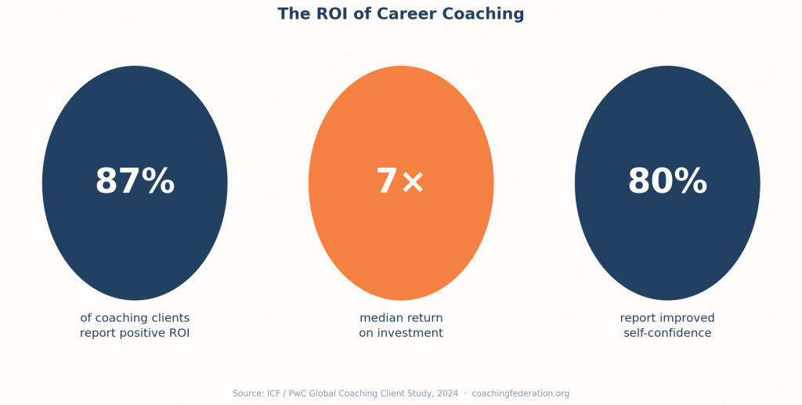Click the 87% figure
tap(135, 183)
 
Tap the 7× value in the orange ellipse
tap(400, 183)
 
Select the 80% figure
tap(667, 183)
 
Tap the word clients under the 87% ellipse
tap(169, 318)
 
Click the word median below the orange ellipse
tap(380, 318)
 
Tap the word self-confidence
tap(667, 333)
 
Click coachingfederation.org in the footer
tap(520, 393)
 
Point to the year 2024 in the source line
tap(448, 393)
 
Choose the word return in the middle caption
tap(423, 318)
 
